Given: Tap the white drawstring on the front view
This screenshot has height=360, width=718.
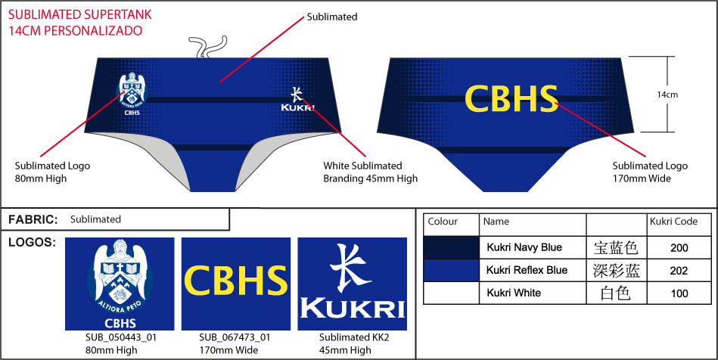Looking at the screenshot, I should pos(203,47).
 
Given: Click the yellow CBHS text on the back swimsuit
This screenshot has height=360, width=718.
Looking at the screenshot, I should pos(511,98).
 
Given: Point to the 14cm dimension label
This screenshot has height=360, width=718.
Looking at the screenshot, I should pos(667,95).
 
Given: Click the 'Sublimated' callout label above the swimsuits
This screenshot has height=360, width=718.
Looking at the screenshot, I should pos(332,16).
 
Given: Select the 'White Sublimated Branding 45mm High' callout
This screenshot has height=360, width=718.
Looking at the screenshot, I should pos(371,172).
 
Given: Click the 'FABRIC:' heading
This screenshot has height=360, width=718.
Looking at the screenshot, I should pos(33,219).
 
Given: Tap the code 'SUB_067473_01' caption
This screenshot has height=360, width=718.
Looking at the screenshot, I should pos(235,337).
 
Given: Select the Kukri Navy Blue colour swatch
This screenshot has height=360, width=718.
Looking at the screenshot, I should pos(451,247).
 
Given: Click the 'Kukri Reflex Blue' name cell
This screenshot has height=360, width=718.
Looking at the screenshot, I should pos(527,270).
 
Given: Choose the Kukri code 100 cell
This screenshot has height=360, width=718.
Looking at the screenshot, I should pos(679,293).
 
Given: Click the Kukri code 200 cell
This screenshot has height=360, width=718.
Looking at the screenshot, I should pos(679,247).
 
